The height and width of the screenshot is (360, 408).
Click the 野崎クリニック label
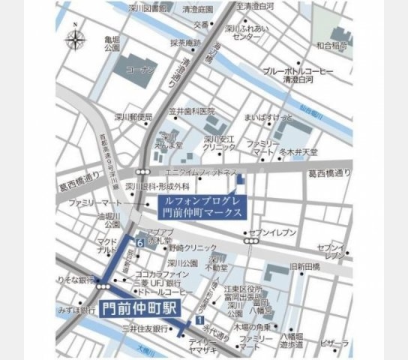point(187,247)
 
